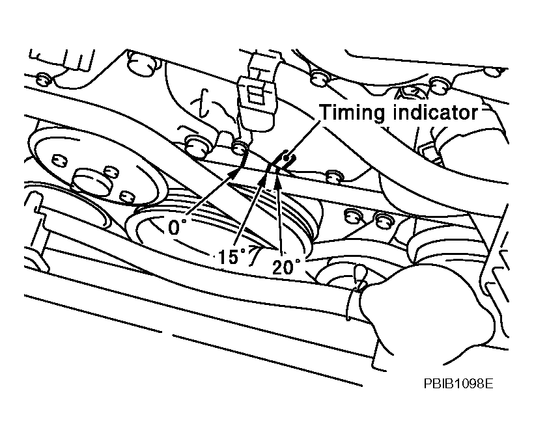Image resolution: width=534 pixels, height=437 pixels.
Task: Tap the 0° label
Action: point(177,226)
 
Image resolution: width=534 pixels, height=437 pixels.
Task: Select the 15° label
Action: point(232,256)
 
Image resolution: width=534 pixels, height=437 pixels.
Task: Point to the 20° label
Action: point(287,266)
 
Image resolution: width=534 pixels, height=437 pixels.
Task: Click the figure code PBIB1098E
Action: point(458,384)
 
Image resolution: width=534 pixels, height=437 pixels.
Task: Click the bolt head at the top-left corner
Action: point(43,79)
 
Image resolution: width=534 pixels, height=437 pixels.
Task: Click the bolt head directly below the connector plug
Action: point(240,147)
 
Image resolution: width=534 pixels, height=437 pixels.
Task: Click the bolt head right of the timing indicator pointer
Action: point(334,176)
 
